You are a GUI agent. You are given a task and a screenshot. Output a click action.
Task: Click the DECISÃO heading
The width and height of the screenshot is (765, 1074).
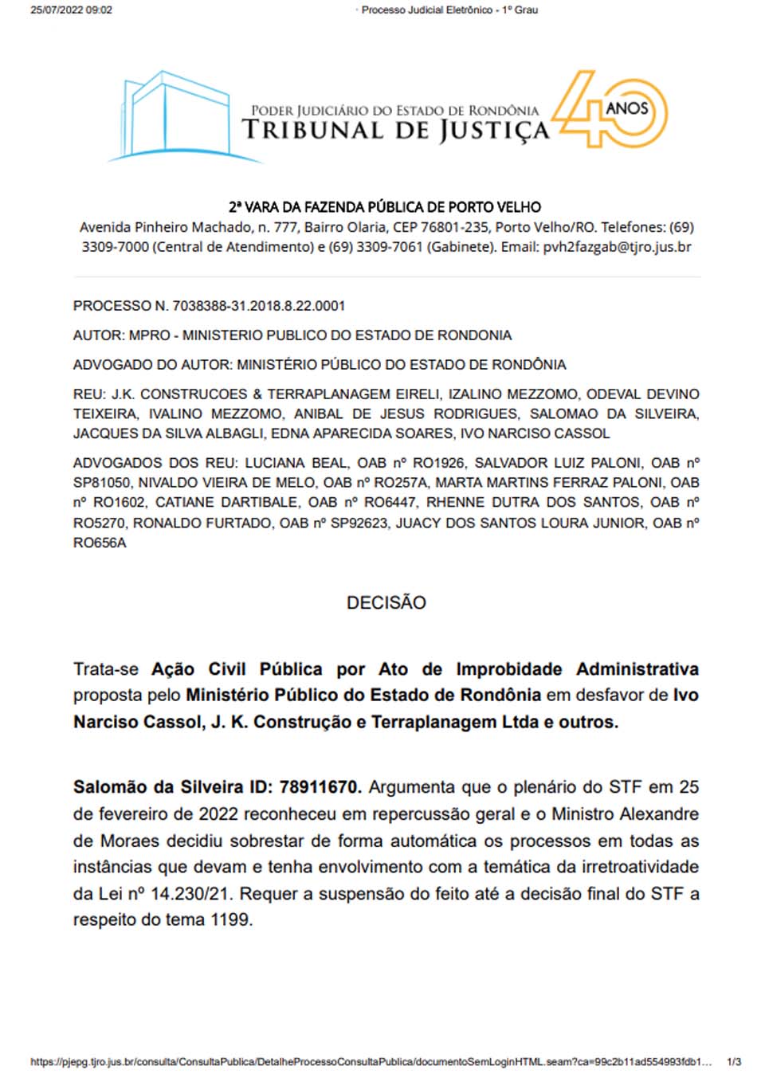click(x=386, y=602)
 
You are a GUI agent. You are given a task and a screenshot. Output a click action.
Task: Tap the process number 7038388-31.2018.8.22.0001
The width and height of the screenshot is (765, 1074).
click(x=258, y=306)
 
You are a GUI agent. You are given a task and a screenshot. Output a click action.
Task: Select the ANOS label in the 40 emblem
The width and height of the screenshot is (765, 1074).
click(x=626, y=108)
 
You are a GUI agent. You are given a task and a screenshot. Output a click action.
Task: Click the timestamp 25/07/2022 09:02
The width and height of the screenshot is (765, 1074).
click(x=71, y=10)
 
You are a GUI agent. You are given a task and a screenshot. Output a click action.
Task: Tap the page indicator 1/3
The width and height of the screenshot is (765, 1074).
click(x=734, y=1062)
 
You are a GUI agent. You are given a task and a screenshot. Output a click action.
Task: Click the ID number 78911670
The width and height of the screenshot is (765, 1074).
click(x=320, y=787)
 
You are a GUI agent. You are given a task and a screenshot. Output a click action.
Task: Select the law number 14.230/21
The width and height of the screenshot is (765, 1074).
click(x=191, y=894)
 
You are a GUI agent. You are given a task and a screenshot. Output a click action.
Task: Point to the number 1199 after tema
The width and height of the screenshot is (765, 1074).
click(x=231, y=920)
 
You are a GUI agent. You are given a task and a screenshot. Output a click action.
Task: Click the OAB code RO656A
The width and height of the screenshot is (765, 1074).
click(x=100, y=543)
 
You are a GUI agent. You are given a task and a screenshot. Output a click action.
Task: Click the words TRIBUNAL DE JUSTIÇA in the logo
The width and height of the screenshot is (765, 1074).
click(x=395, y=131)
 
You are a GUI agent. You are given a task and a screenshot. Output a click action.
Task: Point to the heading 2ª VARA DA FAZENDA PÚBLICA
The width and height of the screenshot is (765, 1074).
click(x=385, y=207)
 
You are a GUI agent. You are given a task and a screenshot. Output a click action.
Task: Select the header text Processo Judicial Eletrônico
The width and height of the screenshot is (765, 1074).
click(x=426, y=10)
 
